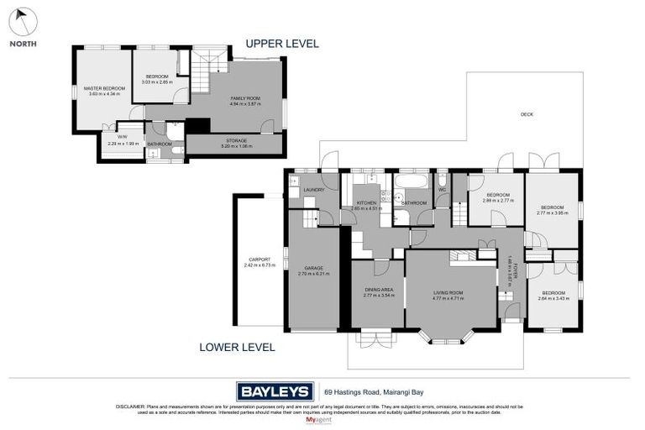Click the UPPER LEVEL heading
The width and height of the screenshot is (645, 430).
pyautogui.click(x=281, y=44)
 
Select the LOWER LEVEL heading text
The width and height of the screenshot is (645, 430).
pyautogui.click(x=237, y=346)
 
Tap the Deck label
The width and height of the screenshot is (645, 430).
pyautogui.click(x=527, y=114)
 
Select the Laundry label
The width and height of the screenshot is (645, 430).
pyautogui.click(x=314, y=190)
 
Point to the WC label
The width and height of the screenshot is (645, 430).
pyautogui.click(x=441, y=190)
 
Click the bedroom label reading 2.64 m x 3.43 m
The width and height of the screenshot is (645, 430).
pyautogui.click(x=552, y=295)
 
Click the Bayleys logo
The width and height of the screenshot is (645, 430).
pyautogui.click(x=275, y=391)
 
